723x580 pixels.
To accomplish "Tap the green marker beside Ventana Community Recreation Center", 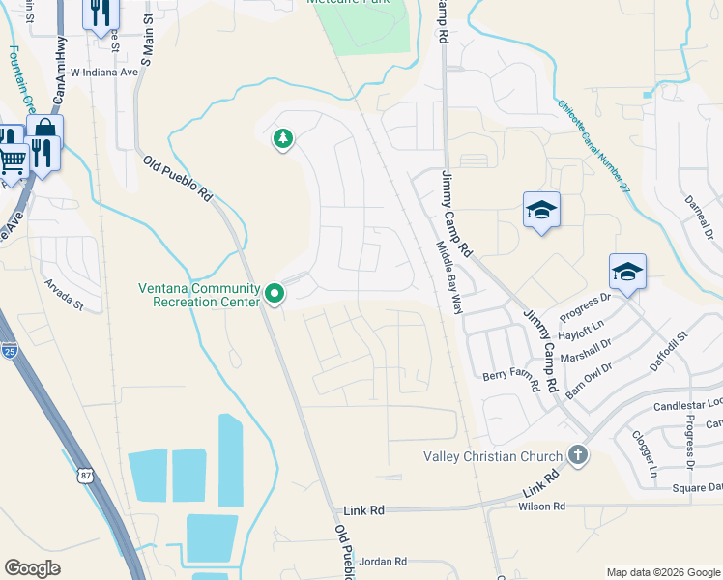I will pyautogui.click(x=275, y=292).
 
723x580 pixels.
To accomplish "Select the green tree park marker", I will pyautogui.click(x=282, y=140).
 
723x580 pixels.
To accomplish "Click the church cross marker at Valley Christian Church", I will pyautogui.click(x=577, y=455).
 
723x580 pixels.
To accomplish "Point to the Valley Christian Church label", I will pyautogui.click(x=494, y=456).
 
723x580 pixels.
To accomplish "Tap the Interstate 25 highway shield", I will pyautogui.click(x=9, y=350).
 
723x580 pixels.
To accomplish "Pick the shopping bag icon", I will pyautogui.click(x=43, y=130).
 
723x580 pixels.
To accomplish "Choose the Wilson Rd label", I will pyautogui.click(x=541, y=507).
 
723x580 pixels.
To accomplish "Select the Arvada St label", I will pyautogui.click(x=65, y=295).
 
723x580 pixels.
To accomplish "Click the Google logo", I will pyautogui.click(x=33, y=568).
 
